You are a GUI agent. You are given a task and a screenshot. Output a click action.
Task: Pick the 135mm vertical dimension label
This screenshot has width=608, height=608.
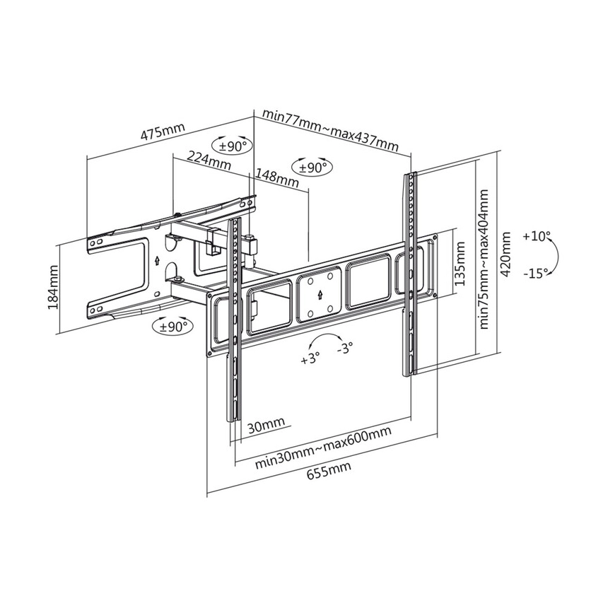click(460, 262)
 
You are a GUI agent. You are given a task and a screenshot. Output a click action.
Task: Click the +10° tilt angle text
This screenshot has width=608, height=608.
click(537, 237)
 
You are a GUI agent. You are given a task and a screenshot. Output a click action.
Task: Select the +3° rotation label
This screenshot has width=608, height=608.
click(310, 358)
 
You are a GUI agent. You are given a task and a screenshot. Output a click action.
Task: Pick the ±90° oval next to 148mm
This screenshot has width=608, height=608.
click(312, 168)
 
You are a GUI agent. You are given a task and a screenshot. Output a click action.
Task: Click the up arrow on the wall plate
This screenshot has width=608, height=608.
click(156, 259)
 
